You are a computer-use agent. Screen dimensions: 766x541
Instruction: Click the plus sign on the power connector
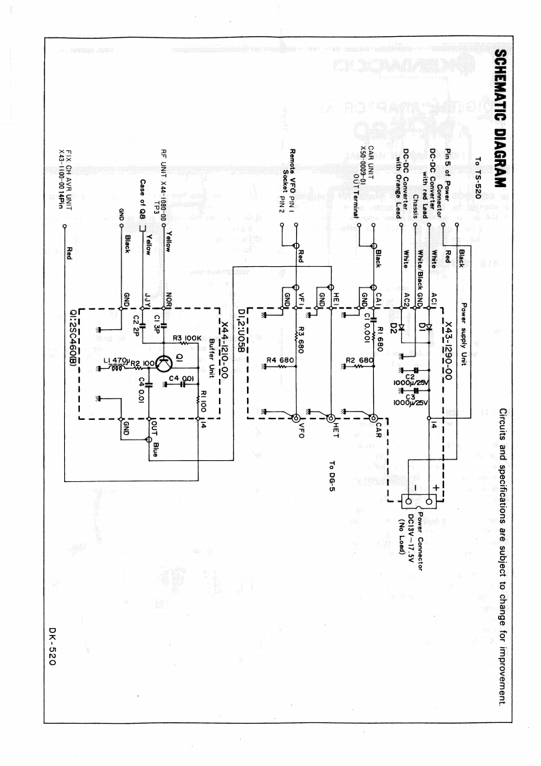pos(435,487)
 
